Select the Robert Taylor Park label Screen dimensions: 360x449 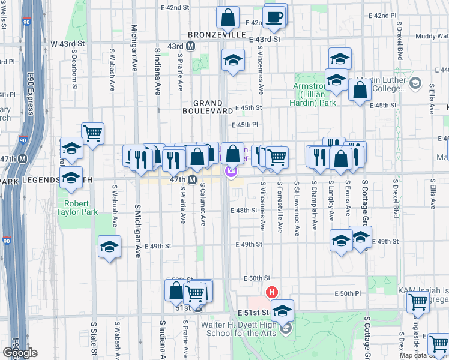click(x=77, y=207)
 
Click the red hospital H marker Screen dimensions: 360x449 click(x=271, y=292)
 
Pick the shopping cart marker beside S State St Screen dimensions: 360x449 click(x=92, y=133)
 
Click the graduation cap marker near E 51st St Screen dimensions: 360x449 click(x=282, y=310)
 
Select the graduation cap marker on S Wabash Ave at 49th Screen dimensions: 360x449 click(x=109, y=246)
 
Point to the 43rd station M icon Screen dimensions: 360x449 click(x=191, y=46)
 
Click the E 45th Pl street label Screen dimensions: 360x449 click(x=245, y=125)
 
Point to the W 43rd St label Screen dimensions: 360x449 click(x=68, y=44)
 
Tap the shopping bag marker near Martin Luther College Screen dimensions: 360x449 click(x=360, y=90)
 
